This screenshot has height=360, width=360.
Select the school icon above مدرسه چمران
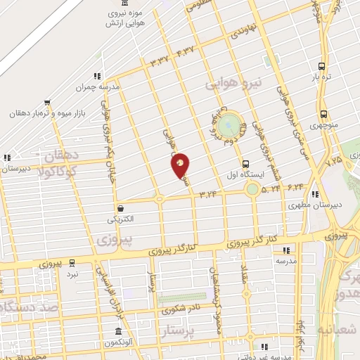[97, 76]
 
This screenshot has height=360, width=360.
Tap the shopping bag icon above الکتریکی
[121, 207]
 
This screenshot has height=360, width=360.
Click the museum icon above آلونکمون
[117, 331]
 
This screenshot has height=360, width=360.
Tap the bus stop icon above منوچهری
[323, 115]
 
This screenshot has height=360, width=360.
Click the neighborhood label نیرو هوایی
[233, 84]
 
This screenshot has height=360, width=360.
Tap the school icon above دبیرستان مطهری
[316, 194]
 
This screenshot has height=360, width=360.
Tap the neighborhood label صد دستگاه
[28, 307]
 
